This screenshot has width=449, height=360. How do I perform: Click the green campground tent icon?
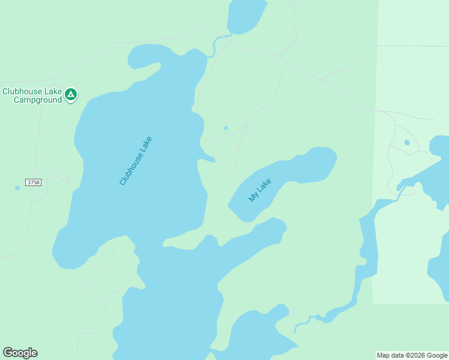[71, 94]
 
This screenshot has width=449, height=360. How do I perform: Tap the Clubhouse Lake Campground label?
[32, 95]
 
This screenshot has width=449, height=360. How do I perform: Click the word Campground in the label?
[38, 100]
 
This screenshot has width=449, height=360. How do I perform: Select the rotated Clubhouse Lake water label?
[136, 161]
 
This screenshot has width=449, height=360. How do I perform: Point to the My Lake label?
[261, 190]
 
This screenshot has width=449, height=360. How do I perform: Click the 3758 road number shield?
[34, 182]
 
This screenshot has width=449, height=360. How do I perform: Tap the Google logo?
[20, 353]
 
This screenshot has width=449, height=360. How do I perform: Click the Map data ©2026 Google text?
[412, 355]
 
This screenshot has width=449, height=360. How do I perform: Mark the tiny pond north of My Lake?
[226, 128]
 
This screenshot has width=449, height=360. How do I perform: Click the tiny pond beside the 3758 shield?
[17, 188]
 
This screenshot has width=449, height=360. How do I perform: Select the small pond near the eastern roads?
[407, 143]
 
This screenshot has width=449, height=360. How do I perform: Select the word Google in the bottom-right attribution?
[436, 355]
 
